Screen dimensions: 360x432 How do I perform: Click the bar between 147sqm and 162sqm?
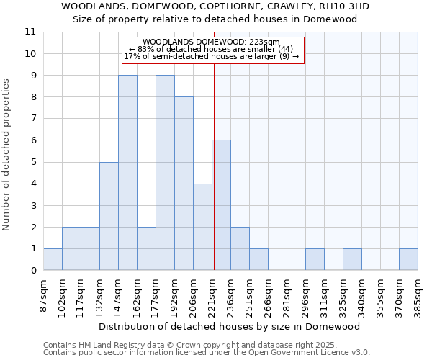[x=127, y=173]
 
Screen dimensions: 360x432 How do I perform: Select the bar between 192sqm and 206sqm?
[x=184, y=184]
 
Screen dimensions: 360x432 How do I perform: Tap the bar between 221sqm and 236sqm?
[x=221, y=205]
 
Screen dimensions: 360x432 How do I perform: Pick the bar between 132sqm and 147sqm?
[x=109, y=216]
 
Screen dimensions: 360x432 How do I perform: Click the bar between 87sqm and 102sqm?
[x=53, y=259]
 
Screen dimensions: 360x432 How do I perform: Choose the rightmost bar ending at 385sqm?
[x=408, y=259]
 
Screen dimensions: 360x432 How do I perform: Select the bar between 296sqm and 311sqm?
[x=315, y=259]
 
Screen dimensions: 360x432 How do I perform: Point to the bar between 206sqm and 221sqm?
[x=202, y=227]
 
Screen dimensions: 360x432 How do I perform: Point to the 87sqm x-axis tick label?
[x=44, y=295]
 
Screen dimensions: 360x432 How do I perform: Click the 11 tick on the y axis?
[x=30, y=32]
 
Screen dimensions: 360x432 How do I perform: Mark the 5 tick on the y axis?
[x=33, y=162]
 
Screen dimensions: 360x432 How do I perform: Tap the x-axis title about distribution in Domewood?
[x=229, y=326]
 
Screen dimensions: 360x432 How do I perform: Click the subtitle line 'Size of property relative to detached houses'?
[x=215, y=19]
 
